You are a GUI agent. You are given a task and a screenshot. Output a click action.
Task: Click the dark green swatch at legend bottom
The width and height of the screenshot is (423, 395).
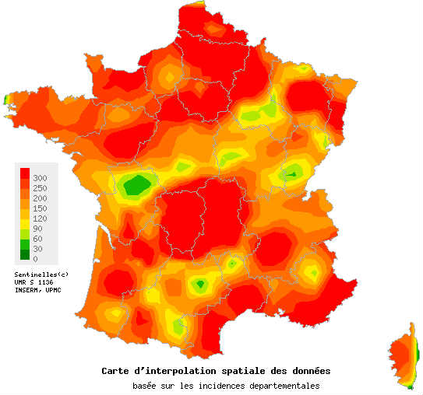pyautogui.click(x=26, y=254)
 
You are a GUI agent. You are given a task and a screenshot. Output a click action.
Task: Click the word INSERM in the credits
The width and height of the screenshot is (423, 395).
pyautogui.click(x=27, y=290)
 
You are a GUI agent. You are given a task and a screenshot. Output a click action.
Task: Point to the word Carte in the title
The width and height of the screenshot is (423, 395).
pyautogui.click(x=116, y=370)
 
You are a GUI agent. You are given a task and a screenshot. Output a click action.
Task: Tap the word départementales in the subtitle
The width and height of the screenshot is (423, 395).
pyautogui.click(x=283, y=386)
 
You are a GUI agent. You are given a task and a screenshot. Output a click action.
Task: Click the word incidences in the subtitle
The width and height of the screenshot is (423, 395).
pyautogui.click(x=220, y=386)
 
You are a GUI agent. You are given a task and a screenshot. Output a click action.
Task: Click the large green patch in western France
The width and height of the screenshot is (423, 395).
pyautogui.click(x=138, y=185)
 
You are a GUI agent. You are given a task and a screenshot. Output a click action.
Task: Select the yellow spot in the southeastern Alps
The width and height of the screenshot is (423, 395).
pyautogui.click(x=312, y=271)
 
